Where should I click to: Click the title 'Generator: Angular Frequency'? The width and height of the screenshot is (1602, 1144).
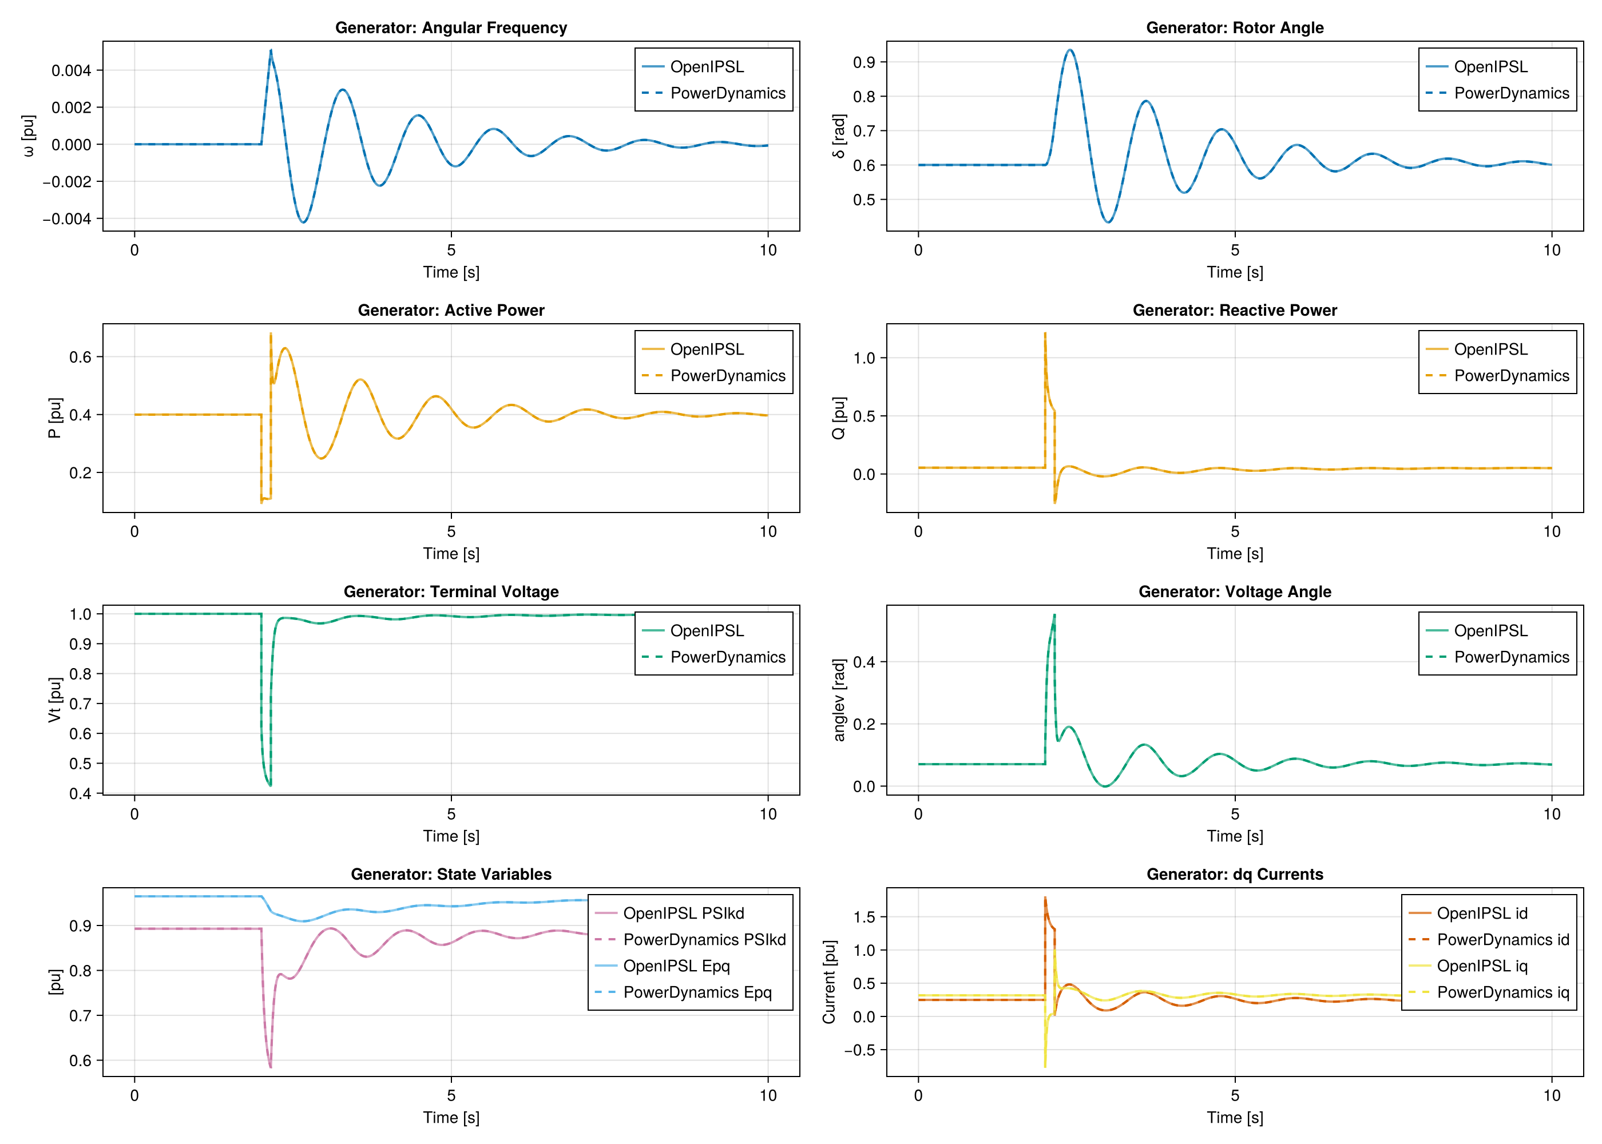[451, 27]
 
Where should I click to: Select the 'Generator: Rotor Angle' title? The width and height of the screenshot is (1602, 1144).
[1234, 27]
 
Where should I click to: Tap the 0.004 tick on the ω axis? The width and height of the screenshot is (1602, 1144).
[71, 70]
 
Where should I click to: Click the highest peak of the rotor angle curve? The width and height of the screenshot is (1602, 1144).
[1070, 50]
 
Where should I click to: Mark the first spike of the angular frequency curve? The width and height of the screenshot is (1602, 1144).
[271, 50]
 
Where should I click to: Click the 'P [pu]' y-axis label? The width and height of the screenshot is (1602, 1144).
[55, 418]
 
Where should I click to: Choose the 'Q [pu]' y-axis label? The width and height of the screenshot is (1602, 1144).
[838, 418]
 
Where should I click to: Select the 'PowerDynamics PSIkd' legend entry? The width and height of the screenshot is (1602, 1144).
[704, 939]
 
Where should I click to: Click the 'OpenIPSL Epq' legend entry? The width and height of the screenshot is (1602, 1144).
[676, 966]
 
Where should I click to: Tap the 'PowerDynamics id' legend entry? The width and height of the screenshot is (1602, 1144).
[1502, 939]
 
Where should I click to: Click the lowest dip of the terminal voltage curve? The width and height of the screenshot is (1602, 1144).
[270, 785]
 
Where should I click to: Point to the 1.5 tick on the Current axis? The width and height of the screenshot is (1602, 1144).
[864, 916]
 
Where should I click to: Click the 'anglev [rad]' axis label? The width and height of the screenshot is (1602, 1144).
[838, 700]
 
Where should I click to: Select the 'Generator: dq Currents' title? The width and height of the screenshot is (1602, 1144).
[1234, 874]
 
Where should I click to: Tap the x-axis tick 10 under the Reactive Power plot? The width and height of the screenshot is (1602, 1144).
[1551, 532]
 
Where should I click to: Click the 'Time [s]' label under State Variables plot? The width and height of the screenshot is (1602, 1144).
[451, 1117]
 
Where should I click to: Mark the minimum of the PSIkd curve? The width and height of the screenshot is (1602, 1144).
[270, 1067]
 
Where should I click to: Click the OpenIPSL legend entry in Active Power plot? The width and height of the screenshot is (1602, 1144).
[707, 349]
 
